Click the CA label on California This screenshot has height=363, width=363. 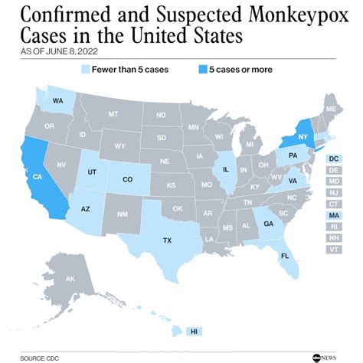pyautogui.click(x=35, y=176)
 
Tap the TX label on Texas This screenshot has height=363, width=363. pyautogui.click(x=167, y=240)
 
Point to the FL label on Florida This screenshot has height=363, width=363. pyautogui.click(x=284, y=255)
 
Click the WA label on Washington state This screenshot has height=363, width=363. pyautogui.click(x=58, y=100)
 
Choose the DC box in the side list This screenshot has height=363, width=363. pyautogui.click(x=334, y=159)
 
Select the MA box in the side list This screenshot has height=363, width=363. pyautogui.click(x=334, y=217)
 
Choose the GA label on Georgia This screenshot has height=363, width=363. pyautogui.click(x=268, y=223)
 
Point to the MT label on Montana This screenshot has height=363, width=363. pyautogui.click(x=113, y=113)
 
